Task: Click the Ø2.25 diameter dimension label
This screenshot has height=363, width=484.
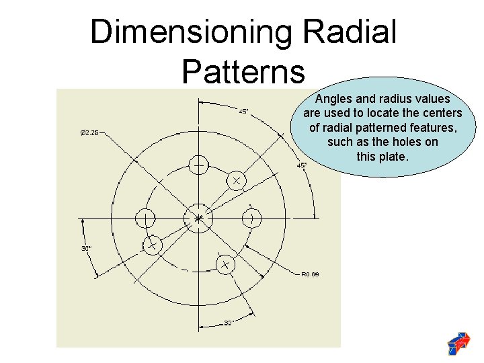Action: (89, 133)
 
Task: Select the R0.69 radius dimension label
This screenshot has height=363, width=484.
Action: (310, 274)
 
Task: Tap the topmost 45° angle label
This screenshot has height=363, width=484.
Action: (243, 111)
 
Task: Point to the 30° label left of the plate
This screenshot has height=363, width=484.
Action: (86, 248)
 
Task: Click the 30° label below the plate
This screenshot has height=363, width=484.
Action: (229, 323)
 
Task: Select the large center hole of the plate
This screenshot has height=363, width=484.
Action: (198, 218)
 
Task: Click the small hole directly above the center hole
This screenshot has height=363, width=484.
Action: (198, 164)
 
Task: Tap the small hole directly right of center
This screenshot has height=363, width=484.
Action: (251, 218)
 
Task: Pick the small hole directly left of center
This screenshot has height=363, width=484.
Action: (145, 218)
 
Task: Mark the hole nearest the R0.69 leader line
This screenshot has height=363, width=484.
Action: (225, 265)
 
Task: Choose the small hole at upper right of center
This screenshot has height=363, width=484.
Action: (236, 180)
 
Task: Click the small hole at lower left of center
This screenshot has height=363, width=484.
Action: (152, 245)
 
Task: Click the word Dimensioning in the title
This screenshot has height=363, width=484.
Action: (191, 32)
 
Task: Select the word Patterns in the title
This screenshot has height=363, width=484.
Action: (243, 70)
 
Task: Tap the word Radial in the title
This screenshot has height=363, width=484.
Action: (350, 32)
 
